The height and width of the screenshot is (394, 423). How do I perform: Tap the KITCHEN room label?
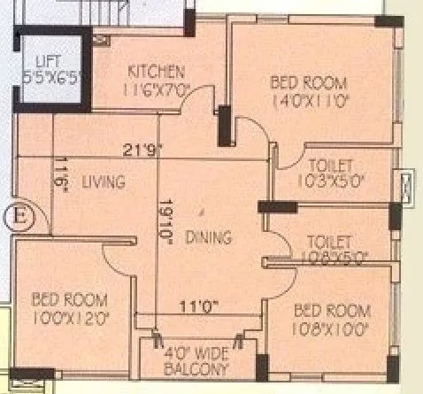156,71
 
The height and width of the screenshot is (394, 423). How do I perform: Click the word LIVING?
103,182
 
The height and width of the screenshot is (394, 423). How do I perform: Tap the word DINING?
209,237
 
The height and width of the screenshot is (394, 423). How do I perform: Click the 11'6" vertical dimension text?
60,170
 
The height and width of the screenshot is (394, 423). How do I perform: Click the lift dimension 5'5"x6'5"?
50,77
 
